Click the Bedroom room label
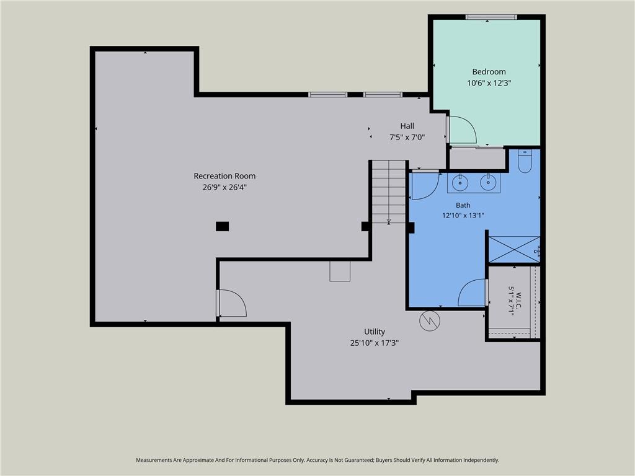pyautogui.click(x=489, y=72)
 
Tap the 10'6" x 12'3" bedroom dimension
pyautogui.click(x=489, y=83)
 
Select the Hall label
pyautogui.click(x=407, y=126)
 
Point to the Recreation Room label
pyautogui.click(x=224, y=176)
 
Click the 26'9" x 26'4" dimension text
pyautogui.click(x=224, y=187)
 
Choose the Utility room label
pyautogui.click(x=374, y=332)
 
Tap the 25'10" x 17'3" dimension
pyautogui.click(x=374, y=343)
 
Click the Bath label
pyautogui.click(x=463, y=205)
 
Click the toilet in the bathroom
pyautogui.click(x=525, y=162)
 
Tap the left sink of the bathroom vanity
pyautogui.click(x=460, y=183)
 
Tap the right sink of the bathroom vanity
pyautogui.click(x=488, y=182)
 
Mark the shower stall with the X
pyautogui.click(x=514, y=249)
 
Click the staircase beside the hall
pyautogui.click(x=389, y=192)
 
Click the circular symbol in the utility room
pyautogui.click(x=430, y=321)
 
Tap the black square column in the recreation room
pyautogui.click(x=223, y=226)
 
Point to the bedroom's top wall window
pyautogui.click(x=491, y=17)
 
